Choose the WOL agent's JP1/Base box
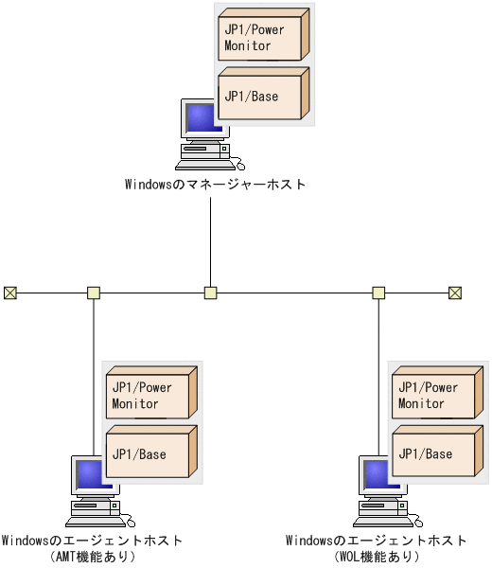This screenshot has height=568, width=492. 433,453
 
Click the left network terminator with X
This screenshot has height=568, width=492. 10,293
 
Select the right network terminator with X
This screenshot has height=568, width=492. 454,293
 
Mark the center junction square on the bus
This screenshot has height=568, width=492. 211,293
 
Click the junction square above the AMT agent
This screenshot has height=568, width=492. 94,293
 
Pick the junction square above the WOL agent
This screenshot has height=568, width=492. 378,293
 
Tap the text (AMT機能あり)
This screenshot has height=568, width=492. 93,557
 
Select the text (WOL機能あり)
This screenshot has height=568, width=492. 377,557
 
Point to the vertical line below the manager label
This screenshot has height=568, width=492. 211,237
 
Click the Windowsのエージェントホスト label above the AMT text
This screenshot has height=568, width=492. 92,541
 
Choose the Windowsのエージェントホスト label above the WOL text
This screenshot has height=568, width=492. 377,541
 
